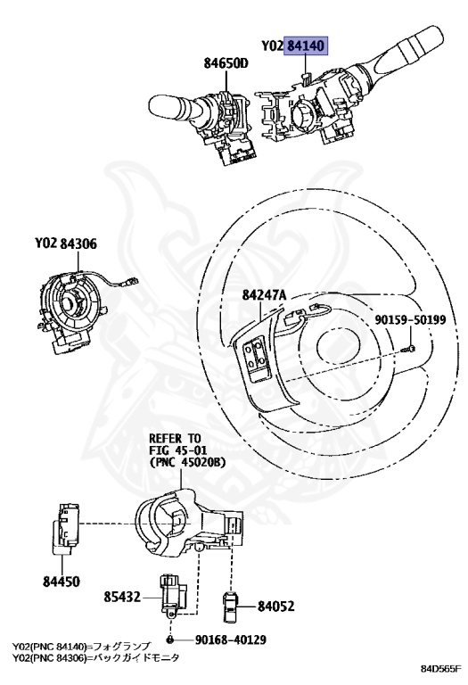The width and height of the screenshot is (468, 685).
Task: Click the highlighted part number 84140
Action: pos(306,45)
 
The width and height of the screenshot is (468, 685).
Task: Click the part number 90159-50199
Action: pos(409,319)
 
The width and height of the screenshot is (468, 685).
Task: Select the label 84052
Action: pos(275,607)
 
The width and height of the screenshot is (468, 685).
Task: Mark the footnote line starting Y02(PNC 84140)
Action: pos(87,645)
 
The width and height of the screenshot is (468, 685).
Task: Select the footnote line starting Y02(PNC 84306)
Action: pos(95,656)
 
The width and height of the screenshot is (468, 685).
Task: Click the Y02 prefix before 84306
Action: pos(45,243)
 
